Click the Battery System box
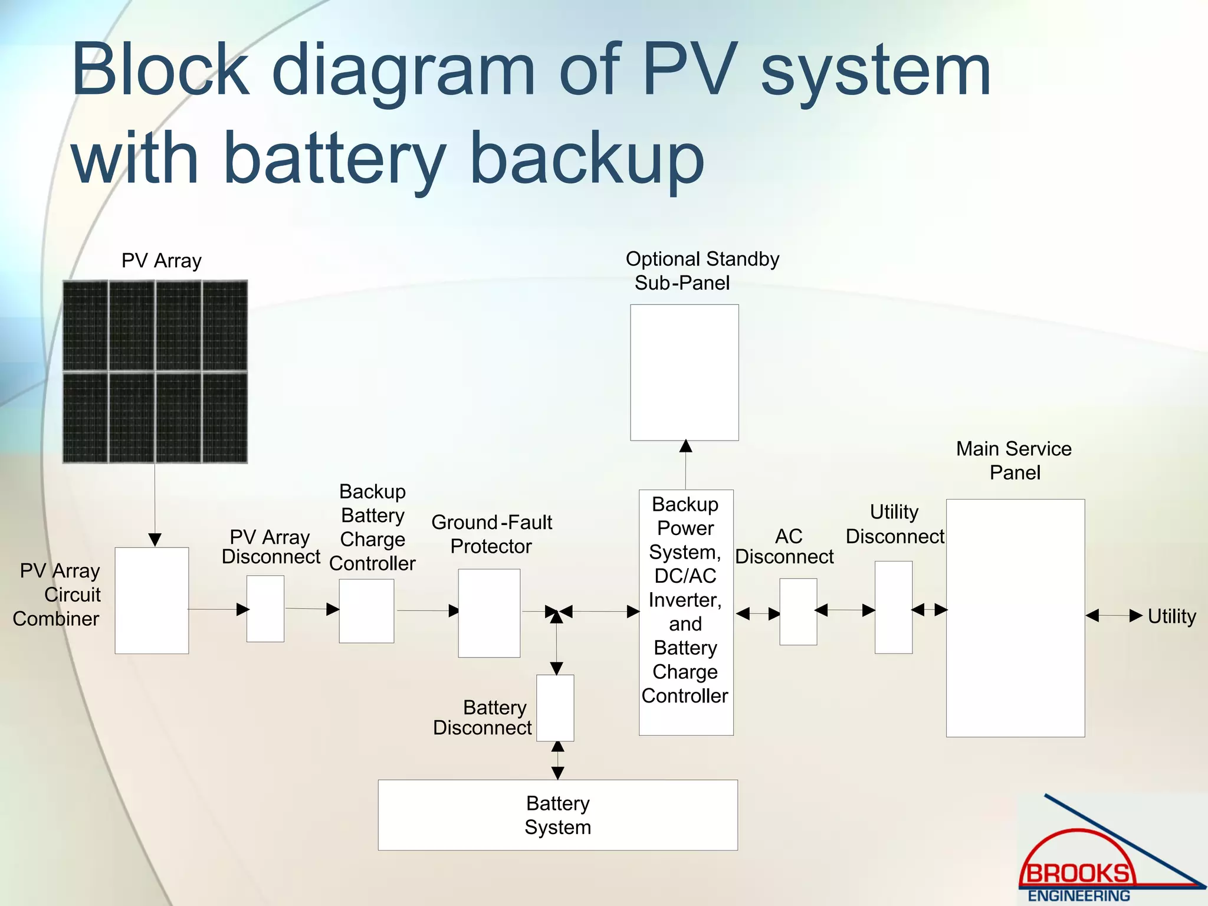557,815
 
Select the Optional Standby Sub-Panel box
684,372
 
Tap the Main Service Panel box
1015,618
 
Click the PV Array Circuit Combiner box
152,600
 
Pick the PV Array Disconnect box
265,609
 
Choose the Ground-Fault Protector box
489,613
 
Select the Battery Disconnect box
555,708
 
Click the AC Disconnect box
798,612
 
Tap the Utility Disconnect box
893,607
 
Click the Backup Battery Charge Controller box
366,610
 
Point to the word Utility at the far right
1171,616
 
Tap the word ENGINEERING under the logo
1079,895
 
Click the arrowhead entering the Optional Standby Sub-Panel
685,447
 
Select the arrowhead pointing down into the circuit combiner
155,540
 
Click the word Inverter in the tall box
685,600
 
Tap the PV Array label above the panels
161,261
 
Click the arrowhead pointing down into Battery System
557,773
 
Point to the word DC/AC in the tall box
685,576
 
